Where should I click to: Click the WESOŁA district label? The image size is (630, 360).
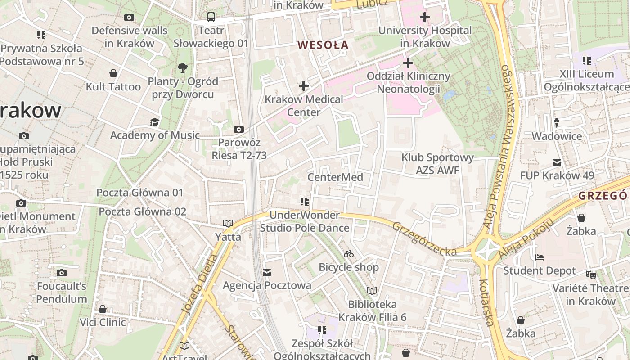coord(323,45)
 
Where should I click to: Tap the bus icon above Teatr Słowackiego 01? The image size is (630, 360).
coord(211,17)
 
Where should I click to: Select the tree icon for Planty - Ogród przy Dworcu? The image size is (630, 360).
coord(183,68)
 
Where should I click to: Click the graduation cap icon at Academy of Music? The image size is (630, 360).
coord(154,122)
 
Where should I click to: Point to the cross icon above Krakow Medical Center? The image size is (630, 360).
coord(304,85)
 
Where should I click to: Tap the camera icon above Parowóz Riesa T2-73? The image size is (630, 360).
coord(239,130)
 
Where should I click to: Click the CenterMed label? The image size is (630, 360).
coord(335,177)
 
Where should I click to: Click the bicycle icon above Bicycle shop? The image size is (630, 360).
coord(349,254)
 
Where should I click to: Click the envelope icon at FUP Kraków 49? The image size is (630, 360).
coord(557,163)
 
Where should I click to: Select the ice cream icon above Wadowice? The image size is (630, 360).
coord(557,122)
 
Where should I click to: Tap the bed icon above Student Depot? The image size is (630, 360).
coord(540,258)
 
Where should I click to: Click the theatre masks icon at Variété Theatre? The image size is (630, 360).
coord(590,274)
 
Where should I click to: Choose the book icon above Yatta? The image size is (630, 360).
coord(228,223)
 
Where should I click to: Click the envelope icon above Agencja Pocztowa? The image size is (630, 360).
coord(267,272)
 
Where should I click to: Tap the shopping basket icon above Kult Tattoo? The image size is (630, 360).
coord(113,73)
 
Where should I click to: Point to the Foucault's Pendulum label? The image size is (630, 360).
coord(62,292)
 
